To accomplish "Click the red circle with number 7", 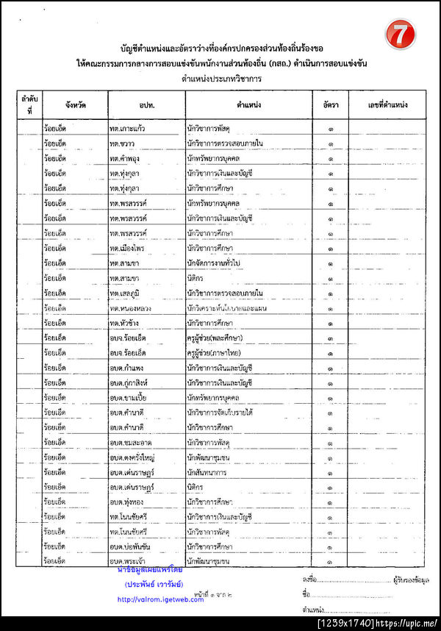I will [x=401, y=35].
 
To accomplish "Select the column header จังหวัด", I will [x=74, y=105].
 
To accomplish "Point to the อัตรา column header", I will [x=330, y=105].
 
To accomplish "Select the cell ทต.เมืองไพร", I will [x=128, y=249].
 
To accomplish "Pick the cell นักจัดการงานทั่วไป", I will [x=216, y=263].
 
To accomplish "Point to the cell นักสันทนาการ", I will [x=209, y=471].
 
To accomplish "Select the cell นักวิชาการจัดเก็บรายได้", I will [x=220, y=413].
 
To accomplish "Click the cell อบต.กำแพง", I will [x=126, y=368].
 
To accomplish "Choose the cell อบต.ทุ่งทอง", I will [x=126, y=502].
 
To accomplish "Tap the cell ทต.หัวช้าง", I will [x=126, y=323].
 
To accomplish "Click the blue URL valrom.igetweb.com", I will [x=160, y=599].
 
